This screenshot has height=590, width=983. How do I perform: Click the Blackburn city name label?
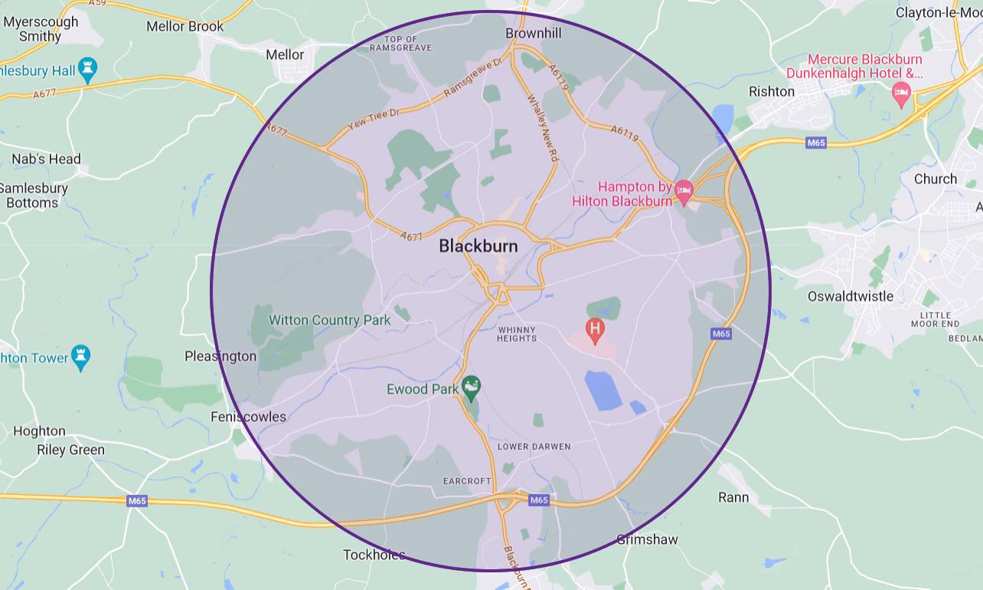[x=478, y=246]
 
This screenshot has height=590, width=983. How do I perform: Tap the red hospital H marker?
[x=595, y=330]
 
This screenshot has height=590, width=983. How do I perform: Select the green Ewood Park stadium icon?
[x=472, y=387]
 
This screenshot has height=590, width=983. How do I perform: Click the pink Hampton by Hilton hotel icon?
[x=684, y=188]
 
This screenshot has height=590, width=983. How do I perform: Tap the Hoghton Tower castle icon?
[x=80, y=356]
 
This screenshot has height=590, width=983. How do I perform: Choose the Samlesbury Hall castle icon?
[x=88, y=69]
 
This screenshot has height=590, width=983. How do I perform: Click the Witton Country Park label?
[x=329, y=320]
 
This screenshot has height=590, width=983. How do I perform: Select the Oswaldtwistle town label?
[x=851, y=297]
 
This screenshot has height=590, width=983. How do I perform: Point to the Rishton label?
[x=772, y=91]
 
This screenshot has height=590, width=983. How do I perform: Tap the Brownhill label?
[x=534, y=33]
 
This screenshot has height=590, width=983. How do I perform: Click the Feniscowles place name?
[x=248, y=417]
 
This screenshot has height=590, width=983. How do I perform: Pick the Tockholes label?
[x=374, y=555]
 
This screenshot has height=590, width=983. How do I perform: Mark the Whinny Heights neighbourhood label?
[x=517, y=334]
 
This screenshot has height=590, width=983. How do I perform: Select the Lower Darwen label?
[x=534, y=446]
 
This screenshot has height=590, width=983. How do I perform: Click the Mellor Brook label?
[x=185, y=26]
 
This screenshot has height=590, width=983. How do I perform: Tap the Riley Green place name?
[x=70, y=450]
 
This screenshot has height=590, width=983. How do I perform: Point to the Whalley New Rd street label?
[x=542, y=127]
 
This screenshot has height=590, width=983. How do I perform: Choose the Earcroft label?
[x=467, y=481]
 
